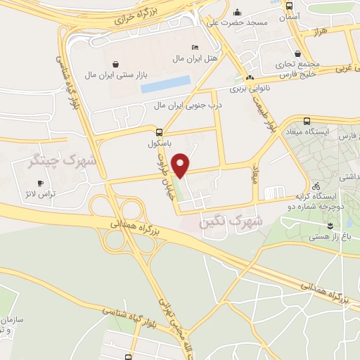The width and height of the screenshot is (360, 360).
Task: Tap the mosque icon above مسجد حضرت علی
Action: (x=237, y=12)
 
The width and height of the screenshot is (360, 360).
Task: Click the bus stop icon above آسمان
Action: (x=290, y=5)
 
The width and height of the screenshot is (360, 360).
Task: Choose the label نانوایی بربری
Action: (x=250, y=89)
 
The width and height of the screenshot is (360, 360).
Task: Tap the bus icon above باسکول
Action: (x=160, y=131)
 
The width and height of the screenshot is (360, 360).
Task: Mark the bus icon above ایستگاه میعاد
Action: (x=307, y=121)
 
